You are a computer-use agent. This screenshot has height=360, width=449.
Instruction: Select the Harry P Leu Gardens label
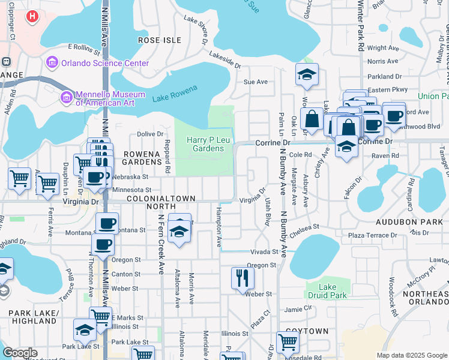pos(205,144)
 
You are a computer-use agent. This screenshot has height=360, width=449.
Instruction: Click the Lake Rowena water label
pos(175,90)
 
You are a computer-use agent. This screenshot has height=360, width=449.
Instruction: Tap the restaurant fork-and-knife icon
pos(243,278)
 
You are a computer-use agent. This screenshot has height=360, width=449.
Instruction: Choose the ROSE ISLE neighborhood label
pos(159,40)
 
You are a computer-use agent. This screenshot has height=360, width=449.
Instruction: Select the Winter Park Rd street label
pos(360,27)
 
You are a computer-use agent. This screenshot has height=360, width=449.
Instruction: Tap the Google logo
pos(20,353)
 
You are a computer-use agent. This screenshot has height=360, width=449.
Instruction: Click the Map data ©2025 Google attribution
pos(411,355)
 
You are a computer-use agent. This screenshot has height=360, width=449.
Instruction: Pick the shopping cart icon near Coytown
pos(288,342)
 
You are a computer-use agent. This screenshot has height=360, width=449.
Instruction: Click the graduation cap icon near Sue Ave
pos(307,74)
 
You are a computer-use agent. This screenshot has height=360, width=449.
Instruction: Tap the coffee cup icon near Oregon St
pos(103,244)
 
